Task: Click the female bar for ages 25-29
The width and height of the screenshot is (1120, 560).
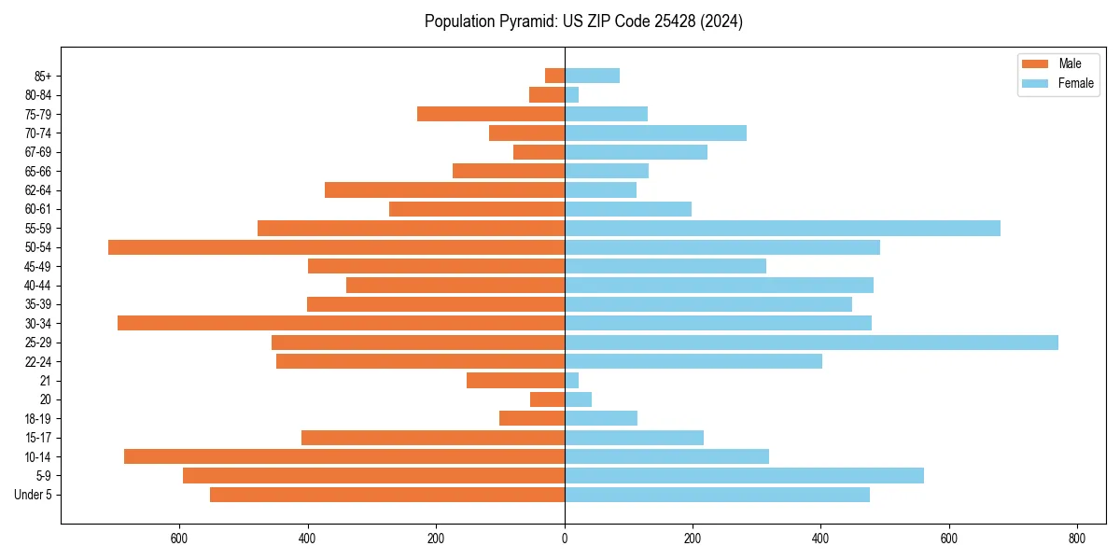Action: tap(811, 343)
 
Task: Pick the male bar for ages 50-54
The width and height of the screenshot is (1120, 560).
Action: tap(336, 247)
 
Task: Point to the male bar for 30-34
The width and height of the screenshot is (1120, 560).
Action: tap(341, 323)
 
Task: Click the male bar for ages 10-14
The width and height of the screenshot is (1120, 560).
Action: tap(344, 456)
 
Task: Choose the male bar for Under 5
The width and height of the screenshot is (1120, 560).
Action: tap(387, 495)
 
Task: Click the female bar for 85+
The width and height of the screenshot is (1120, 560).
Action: tap(592, 76)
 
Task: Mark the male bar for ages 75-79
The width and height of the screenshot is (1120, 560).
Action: tap(491, 114)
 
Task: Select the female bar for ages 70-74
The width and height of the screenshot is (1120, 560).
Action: tap(655, 133)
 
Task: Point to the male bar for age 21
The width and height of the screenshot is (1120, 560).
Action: tap(515, 381)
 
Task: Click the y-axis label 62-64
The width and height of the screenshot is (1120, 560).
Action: tap(38, 190)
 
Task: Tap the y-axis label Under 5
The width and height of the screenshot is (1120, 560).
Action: tap(33, 495)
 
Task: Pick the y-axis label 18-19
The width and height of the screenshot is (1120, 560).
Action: tap(38, 419)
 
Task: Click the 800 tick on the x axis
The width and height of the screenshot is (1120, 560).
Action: tap(1077, 539)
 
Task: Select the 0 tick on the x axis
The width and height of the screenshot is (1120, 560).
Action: tap(565, 539)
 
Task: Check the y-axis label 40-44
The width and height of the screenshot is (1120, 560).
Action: tap(38, 286)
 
